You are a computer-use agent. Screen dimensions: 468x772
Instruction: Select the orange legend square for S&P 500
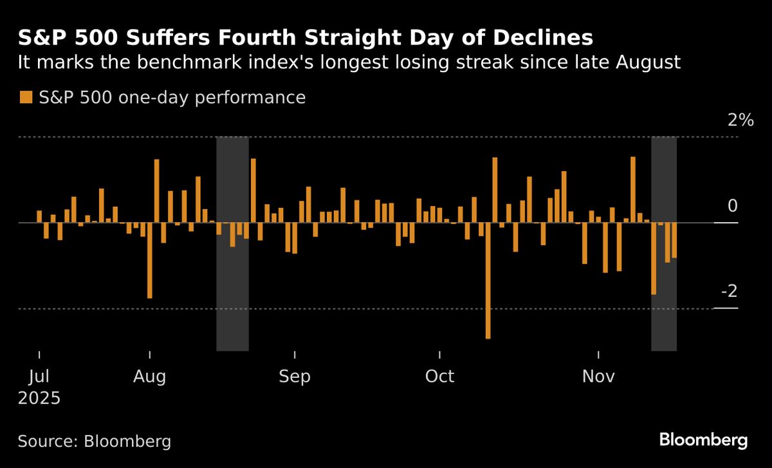(x=26, y=97)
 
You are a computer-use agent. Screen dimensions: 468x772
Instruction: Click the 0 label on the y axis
(x=731, y=206)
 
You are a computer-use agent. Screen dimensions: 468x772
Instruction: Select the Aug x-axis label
(x=149, y=376)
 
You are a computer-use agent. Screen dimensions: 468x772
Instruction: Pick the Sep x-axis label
(x=295, y=376)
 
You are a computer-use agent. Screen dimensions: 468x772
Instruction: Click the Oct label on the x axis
(x=440, y=376)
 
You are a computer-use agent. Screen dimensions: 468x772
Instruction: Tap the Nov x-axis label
(x=599, y=376)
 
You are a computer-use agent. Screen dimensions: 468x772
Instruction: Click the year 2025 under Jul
(x=39, y=398)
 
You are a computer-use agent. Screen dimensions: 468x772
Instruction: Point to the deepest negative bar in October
(x=488, y=280)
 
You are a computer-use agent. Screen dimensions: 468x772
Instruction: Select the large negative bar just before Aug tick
(x=150, y=260)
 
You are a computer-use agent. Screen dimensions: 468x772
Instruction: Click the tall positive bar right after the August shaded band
(x=253, y=191)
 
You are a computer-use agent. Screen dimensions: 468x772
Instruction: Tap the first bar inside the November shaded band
(x=654, y=258)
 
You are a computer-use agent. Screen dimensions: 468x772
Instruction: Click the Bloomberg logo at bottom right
(x=703, y=440)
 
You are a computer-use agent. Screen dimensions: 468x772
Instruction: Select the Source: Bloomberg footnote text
(x=95, y=442)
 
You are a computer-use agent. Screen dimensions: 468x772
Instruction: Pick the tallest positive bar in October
(x=495, y=190)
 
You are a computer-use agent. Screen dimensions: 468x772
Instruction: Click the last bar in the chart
(x=674, y=240)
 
